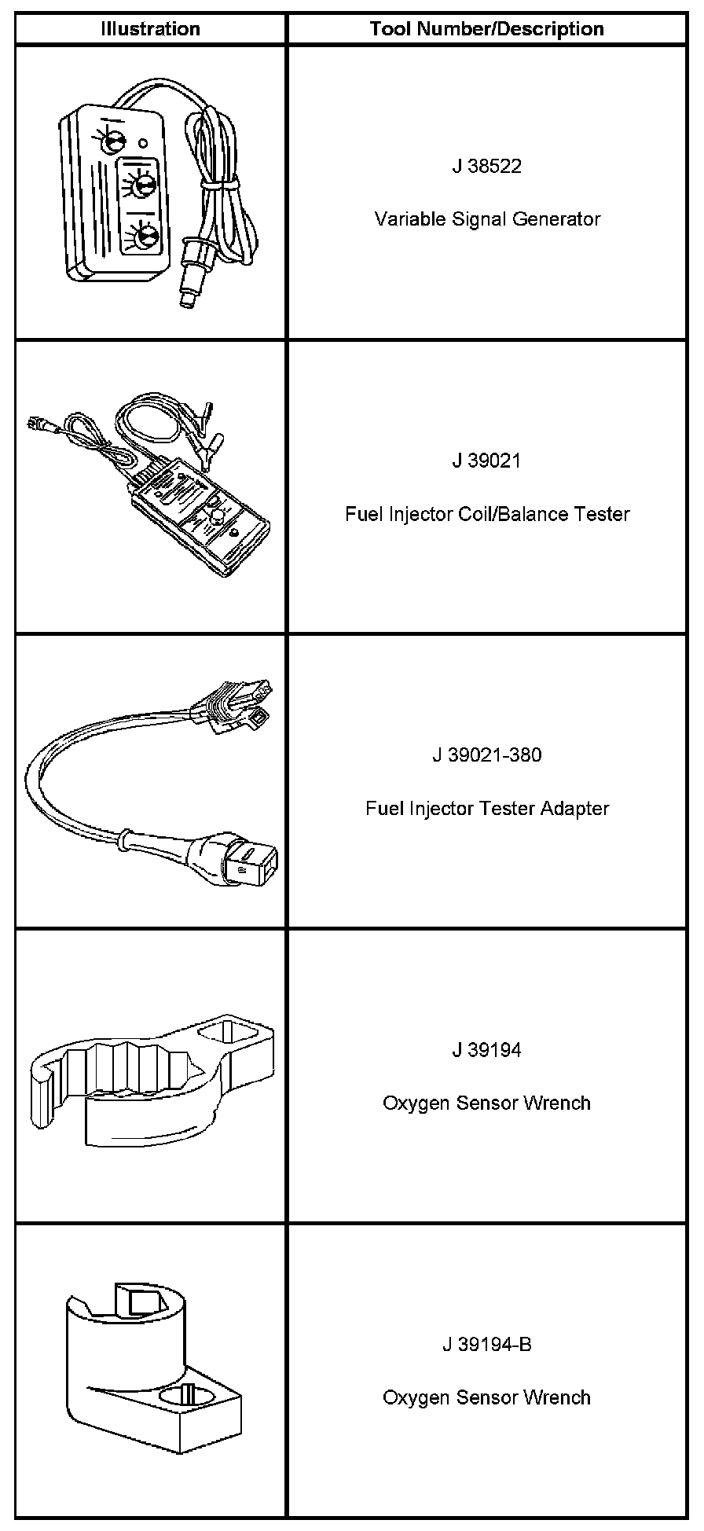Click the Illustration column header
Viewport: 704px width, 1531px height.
pyautogui.click(x=150, y=29)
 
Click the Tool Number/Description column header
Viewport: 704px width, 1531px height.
pyautogui.click(x=486, y=29)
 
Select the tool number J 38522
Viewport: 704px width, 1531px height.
pyautogui.click(x=486, y=167)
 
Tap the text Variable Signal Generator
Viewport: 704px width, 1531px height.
pyautogui.click(x=486, y=219)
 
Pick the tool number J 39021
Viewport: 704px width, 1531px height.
pyautogui.click(x=486, y=461)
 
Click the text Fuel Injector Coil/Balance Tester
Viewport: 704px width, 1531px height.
pyautogui.click(x=486, y=514)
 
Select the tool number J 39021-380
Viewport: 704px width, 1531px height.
pyautogui.click(x=486, y=755)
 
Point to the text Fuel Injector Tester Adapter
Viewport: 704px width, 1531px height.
pyautogui.click(x=486, y=809)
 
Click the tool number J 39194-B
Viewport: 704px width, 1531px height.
pyautogui.click(x=486, y=1345)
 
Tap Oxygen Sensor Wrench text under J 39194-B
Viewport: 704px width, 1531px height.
pyautogui.click(x=486, y=1398)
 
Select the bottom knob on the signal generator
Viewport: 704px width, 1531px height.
pyautogui.click(x=145, y=237)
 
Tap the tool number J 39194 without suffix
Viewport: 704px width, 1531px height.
pyautogui.click(x=486, y=1050)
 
